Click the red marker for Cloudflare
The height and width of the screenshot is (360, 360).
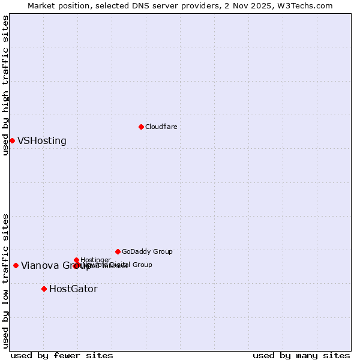[141, 127]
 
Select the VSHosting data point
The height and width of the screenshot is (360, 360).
[12, 140]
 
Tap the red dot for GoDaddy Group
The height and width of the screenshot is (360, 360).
[118, 251]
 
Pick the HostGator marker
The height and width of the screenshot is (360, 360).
[44, 289]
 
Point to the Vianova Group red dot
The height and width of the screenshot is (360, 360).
[16, 265]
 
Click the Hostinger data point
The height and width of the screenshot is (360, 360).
[76, 260]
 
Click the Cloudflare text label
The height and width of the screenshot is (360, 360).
[161, 127]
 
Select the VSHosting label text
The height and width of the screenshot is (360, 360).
[42, 141]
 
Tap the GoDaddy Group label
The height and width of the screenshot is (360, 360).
[147, 251]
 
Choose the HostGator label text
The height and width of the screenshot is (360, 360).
[73, 289]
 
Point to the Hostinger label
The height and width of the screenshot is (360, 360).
[95, 260]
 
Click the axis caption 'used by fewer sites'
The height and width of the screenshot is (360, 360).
[62, 356]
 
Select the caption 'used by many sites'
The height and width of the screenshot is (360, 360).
[301, 356]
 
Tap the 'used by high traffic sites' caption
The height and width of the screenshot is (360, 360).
[6, 85]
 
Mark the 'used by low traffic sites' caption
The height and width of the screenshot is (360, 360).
[6, 281]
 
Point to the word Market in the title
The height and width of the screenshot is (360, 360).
[41, 5]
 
